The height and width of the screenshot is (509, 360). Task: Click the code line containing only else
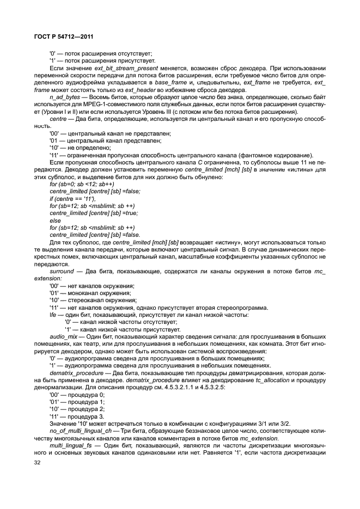tap(55, 219)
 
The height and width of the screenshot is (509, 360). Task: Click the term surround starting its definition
tap(62, 271)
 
